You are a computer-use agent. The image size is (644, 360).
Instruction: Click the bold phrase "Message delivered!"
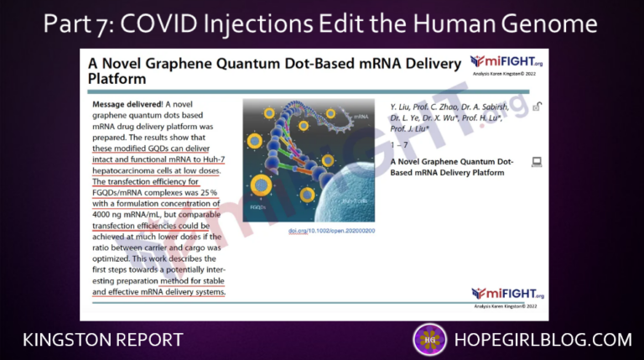coord(127,104)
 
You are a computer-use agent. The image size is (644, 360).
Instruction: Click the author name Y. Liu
coord(406,107)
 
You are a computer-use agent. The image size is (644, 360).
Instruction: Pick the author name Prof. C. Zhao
coord(453,107)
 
